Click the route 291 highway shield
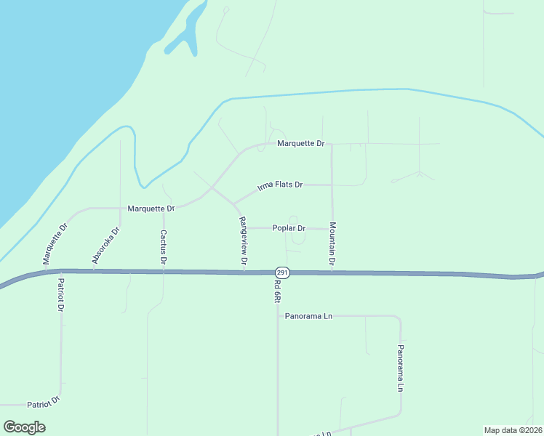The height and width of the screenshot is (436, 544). [x=283, y=272]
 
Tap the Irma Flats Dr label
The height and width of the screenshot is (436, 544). [x=280, y=185]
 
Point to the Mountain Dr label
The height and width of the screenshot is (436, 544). [x=332, y=243]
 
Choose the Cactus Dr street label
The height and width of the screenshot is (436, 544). [x=164, y=246]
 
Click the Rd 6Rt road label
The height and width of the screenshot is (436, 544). [x=278, y=291]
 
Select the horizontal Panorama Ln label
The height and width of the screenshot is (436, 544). [x=308, y=316]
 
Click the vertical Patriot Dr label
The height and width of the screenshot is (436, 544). [x=61, y=294]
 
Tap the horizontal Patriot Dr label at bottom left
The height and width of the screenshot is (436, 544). [x=43, y=402]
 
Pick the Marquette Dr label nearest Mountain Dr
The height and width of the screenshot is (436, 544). [x=300, y=144]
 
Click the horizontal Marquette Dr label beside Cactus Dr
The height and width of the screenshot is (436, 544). [x=151, y=209]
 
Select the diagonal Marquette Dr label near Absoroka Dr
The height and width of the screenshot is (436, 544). [x=55, y=243]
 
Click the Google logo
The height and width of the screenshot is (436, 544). [x=25, y=427]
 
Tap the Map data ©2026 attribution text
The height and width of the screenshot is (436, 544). [x=513, y=429]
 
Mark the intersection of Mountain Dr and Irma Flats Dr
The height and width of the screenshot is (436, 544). [x=332, y=185]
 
